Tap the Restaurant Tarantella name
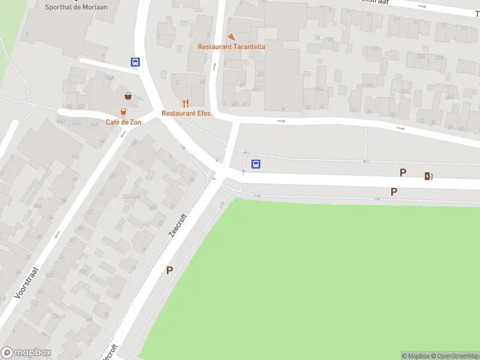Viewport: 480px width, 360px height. [232, 47]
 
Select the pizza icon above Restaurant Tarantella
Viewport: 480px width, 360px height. [231, 37]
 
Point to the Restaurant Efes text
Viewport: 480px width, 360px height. [186, 113]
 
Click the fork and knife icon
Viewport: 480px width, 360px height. [185, 103]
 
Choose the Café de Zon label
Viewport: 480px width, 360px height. [124, 122]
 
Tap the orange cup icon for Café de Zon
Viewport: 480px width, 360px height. [123, 112]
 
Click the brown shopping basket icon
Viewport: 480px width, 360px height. [128, 95]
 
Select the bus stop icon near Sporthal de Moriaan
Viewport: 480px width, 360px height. [136, 62]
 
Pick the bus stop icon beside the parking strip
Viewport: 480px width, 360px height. [256, 164]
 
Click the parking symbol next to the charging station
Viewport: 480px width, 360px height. [403, 173]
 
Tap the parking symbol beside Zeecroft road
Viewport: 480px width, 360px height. [169, 271]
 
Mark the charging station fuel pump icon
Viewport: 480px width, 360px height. [428, 176]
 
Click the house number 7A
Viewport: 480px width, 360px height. [317, 37]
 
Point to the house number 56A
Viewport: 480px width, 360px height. [109, 78]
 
